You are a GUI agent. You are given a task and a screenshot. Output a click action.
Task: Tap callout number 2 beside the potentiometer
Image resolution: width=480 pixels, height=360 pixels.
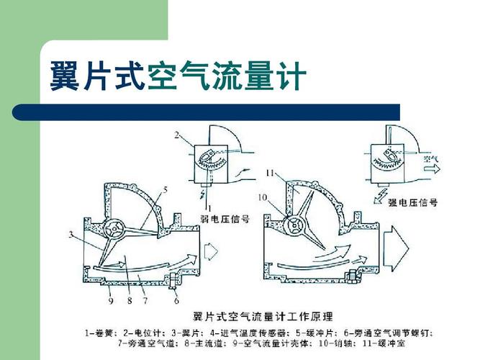tap(176, 135)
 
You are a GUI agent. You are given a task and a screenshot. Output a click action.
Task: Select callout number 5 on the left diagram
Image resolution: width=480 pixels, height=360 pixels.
tap(165, 190)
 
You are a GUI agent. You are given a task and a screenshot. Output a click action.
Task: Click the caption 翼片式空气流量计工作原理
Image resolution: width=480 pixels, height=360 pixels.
tap(261, 316)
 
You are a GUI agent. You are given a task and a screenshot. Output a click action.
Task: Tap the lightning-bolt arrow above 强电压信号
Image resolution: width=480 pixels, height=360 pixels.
tap(378, 192)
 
